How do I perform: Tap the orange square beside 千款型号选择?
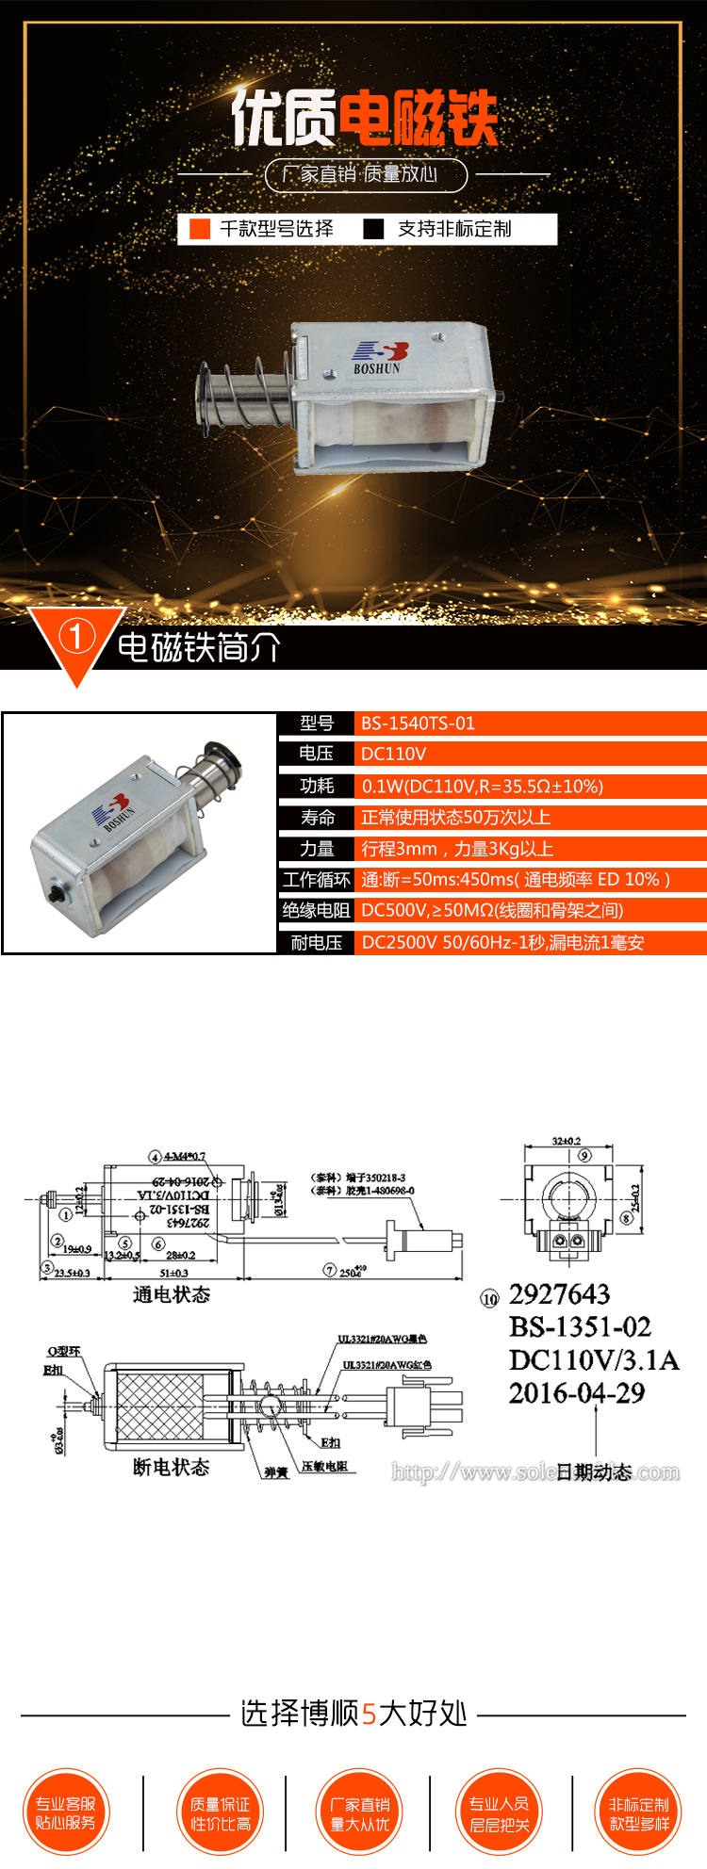coord(200,229)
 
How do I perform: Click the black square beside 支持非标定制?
coord(373,229)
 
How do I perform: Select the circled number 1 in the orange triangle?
coord(76,637)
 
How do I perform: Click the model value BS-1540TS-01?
coord(418,723)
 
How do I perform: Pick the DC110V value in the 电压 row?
coord(393,754)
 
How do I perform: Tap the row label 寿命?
coord(317,817)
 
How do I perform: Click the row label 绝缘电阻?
coord(316,910)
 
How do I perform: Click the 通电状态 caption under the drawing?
coord(171,1295)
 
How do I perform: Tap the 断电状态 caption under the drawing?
coord(171,1467)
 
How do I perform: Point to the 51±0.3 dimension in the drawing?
coord(173,1273)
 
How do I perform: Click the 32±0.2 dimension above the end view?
coord(567,1141)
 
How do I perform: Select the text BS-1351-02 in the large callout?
coord(580,1327)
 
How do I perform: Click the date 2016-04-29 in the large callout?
coord(577,1393)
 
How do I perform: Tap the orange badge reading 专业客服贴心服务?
coord(66,1812)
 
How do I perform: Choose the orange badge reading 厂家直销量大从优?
coord(359,1812)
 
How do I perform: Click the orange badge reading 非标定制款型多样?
coord(638,1812)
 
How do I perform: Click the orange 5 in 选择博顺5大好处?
coord(369,1713)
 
